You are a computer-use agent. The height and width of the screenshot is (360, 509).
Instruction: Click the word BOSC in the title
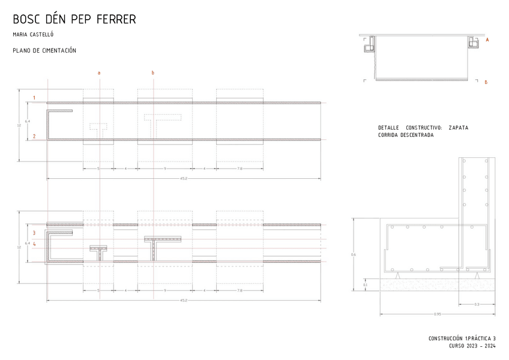[26, 20]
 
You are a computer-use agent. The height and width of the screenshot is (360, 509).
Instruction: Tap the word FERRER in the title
[118, 20]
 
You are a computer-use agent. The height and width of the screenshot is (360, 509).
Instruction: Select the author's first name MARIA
[20, 35]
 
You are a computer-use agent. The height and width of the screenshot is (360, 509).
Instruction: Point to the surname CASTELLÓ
[41, 35]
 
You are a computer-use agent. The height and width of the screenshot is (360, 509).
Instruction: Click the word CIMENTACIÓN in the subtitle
[58, 51]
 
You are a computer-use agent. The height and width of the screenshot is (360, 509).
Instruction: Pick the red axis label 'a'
[99, 73]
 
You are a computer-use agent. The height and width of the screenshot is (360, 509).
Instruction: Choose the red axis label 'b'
[152, 73]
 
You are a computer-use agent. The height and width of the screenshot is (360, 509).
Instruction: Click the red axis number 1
[34, 97]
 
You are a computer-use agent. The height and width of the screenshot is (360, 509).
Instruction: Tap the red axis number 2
[34, 136]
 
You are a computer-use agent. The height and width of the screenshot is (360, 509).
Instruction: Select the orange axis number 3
[34, 232]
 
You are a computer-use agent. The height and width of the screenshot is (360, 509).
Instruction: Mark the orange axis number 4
[34, 244]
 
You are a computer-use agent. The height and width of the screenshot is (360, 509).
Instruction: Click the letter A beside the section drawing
[487, 40]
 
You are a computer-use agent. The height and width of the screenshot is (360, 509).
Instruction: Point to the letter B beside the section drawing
[486, 82]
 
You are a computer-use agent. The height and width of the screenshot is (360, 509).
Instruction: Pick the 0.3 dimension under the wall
[477, 305]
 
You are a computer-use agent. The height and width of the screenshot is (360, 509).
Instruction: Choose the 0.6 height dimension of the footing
[354, 255]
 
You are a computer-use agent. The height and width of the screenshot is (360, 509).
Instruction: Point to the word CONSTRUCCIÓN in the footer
[446, 338]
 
